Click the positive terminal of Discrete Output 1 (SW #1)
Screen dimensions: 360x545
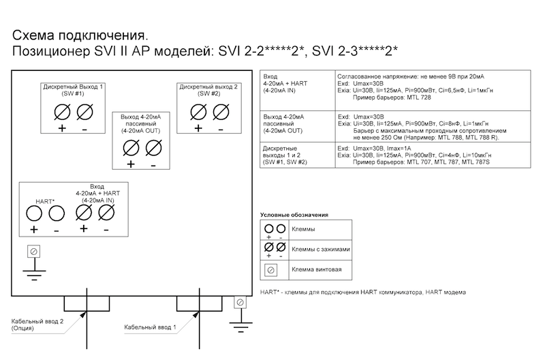tap(62, 111)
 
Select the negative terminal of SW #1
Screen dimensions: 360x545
tap(84, 111)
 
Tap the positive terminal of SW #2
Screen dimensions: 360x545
tap(198, 111)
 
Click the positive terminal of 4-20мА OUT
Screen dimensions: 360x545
tap(131, 147)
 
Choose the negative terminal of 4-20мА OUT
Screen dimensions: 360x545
tap(153, 147)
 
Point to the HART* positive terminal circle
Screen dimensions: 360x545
tap(34, 213)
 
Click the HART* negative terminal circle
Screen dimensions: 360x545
tap(57, 213)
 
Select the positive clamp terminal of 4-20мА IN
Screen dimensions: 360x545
tap(84, 213)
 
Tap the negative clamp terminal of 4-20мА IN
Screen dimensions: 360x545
tap(106, 213)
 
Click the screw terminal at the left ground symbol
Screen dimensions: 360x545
tap(31, 252)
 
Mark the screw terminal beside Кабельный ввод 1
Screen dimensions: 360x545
tap(239, 302)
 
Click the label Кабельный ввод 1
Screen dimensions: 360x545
tap(150, 327)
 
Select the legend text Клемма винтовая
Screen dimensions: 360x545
tap(314, 270)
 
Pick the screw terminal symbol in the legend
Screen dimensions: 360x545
tap(270, 270)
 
